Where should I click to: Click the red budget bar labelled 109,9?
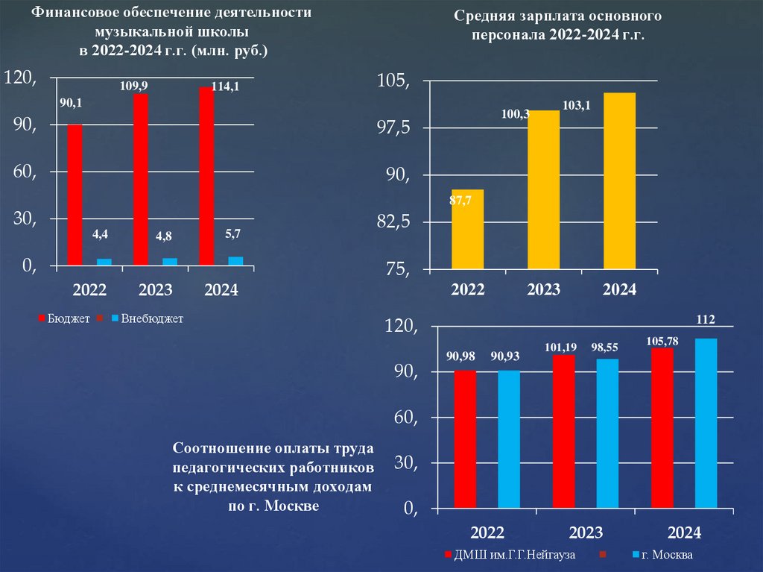(141, 179)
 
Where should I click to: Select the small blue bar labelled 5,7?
(235, 260)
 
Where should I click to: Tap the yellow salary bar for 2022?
(467, 230)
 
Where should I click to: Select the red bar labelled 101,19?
(564, 432)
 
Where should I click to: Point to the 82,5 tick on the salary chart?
(394, 222)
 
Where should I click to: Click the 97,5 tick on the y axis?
(394, 128)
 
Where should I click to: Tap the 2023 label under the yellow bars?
(543, 289)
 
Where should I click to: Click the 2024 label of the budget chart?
(221, 290)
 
